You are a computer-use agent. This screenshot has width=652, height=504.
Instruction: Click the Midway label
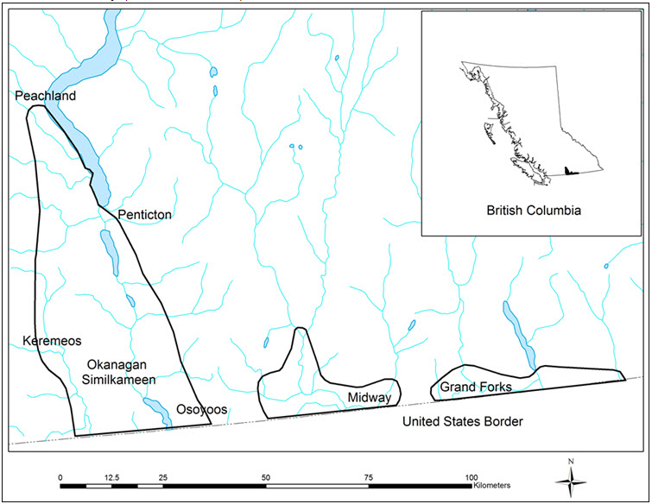(x=370, y=397)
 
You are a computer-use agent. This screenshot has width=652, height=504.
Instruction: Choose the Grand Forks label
(x=475, y=387)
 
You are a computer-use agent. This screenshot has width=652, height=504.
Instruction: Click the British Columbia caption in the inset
(x=533, y=211)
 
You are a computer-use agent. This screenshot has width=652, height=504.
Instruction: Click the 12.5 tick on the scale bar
(x=111, y=476)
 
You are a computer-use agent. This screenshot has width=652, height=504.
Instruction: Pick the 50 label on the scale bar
(x=266, y=476)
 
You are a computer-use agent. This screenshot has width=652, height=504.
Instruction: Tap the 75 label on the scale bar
(x=369, y=476)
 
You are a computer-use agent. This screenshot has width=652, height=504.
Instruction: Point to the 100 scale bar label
(x=471, y=476)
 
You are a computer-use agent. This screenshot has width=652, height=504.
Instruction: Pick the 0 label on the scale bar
(x=60, y=476)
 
